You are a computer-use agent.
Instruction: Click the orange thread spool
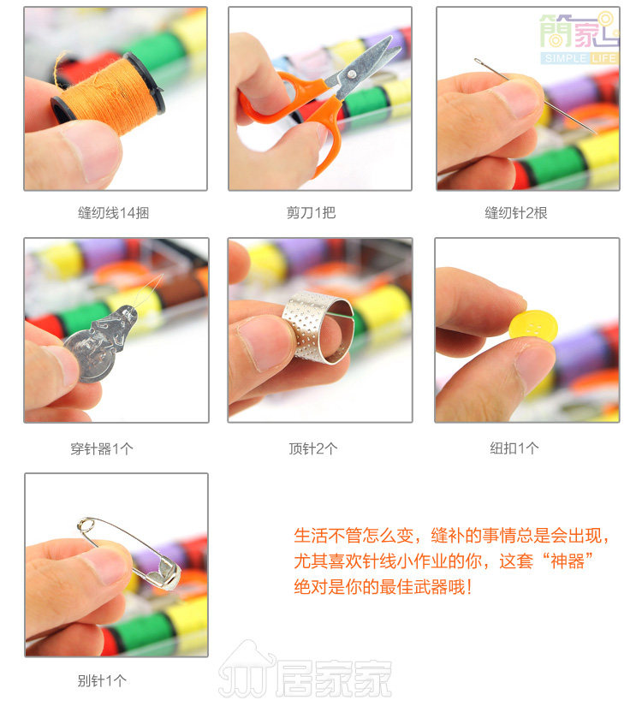tap(108, 93)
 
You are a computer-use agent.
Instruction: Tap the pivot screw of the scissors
tap(351, 74)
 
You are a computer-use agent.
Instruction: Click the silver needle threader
tap(99, 344)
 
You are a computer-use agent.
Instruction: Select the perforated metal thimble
tap(318, 327)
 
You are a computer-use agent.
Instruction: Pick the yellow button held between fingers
tap(533, 325)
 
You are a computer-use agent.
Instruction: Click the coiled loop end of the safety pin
tap(86, 525)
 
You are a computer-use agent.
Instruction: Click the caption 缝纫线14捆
tap(114, 212)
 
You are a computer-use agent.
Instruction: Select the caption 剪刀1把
tap(312, 212)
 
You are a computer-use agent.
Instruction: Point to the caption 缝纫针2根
tap(516, 212)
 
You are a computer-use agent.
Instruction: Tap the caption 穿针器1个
tap(102, 448)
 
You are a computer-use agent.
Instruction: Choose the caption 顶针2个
tap(313, 448)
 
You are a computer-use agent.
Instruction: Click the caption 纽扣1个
tap(514, 448)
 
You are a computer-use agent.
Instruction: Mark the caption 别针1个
tap(102, 680)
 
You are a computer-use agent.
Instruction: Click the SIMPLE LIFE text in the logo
tap(580, 58)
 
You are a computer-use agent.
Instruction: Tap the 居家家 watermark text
tap(334, 678)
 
